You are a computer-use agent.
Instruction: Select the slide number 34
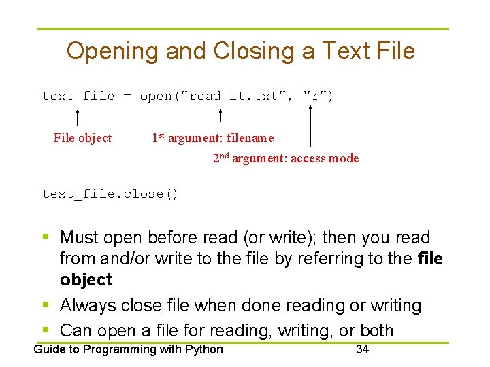pos(362,349)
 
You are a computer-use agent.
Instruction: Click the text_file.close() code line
pos(110,194)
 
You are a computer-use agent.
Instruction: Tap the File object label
pos(82,138)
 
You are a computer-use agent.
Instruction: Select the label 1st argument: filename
pos(212,138)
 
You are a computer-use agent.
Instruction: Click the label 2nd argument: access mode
pos(286,158)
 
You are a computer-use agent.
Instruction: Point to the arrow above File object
pos(78,116)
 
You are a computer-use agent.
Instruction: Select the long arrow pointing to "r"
pos(310,126)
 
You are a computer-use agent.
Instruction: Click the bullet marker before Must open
pos(46,237)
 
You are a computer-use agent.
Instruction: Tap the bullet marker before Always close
pos(46,306)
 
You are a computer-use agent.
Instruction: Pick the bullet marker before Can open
pos(46,330)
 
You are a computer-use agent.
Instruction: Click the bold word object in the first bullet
pos(86,279)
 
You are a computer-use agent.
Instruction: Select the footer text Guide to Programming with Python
pos(129,349)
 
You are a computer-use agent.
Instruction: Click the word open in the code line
pos(155,96)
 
